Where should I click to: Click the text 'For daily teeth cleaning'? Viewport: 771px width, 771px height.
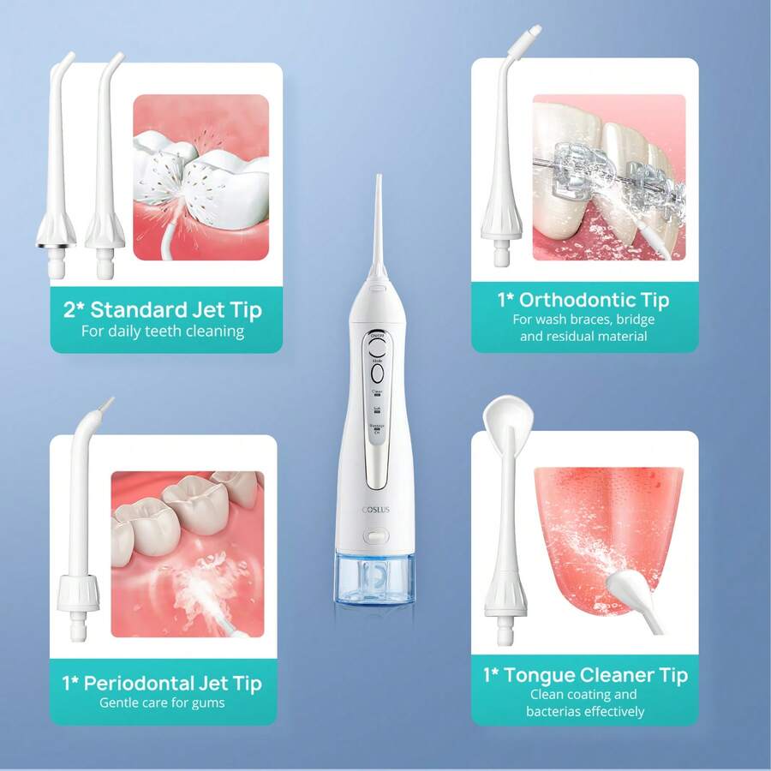click(163, 331)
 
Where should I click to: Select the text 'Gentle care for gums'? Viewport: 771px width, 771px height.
click(162, 702)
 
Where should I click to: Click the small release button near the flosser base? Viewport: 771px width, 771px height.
click(374, 537)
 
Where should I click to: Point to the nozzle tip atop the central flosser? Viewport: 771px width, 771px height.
click(377, 184)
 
